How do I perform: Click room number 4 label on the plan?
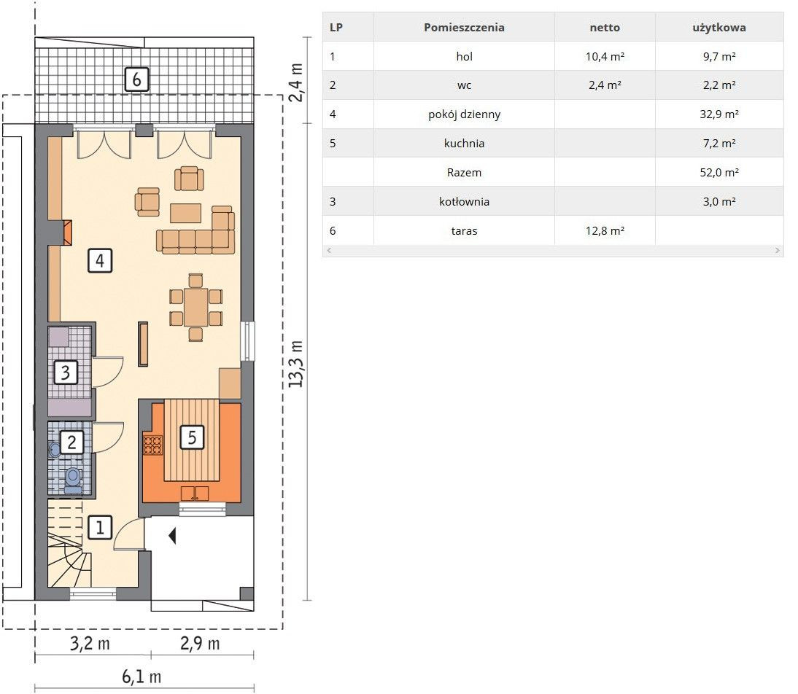[100, 260]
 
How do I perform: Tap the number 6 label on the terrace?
[136, 79]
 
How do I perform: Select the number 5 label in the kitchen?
[192, 437]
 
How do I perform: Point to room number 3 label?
[66, 372]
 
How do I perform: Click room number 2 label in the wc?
[71, 442]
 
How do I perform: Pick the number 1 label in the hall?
[100, 527]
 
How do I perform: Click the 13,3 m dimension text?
[295, 364]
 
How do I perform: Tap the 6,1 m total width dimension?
[142, 677]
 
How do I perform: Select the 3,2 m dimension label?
[90, 644]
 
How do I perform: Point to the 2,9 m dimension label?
[200, 644]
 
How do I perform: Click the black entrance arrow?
[173, 535]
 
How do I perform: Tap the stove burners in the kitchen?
[152, 445]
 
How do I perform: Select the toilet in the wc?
[73, 480]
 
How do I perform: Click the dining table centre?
[195, 307]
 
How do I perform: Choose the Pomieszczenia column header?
[464, 28]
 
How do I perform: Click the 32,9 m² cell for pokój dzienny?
[719, 114]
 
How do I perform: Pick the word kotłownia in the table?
[464, 201]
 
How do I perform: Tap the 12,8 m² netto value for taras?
[605, 230]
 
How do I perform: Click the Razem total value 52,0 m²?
[719, 173]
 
